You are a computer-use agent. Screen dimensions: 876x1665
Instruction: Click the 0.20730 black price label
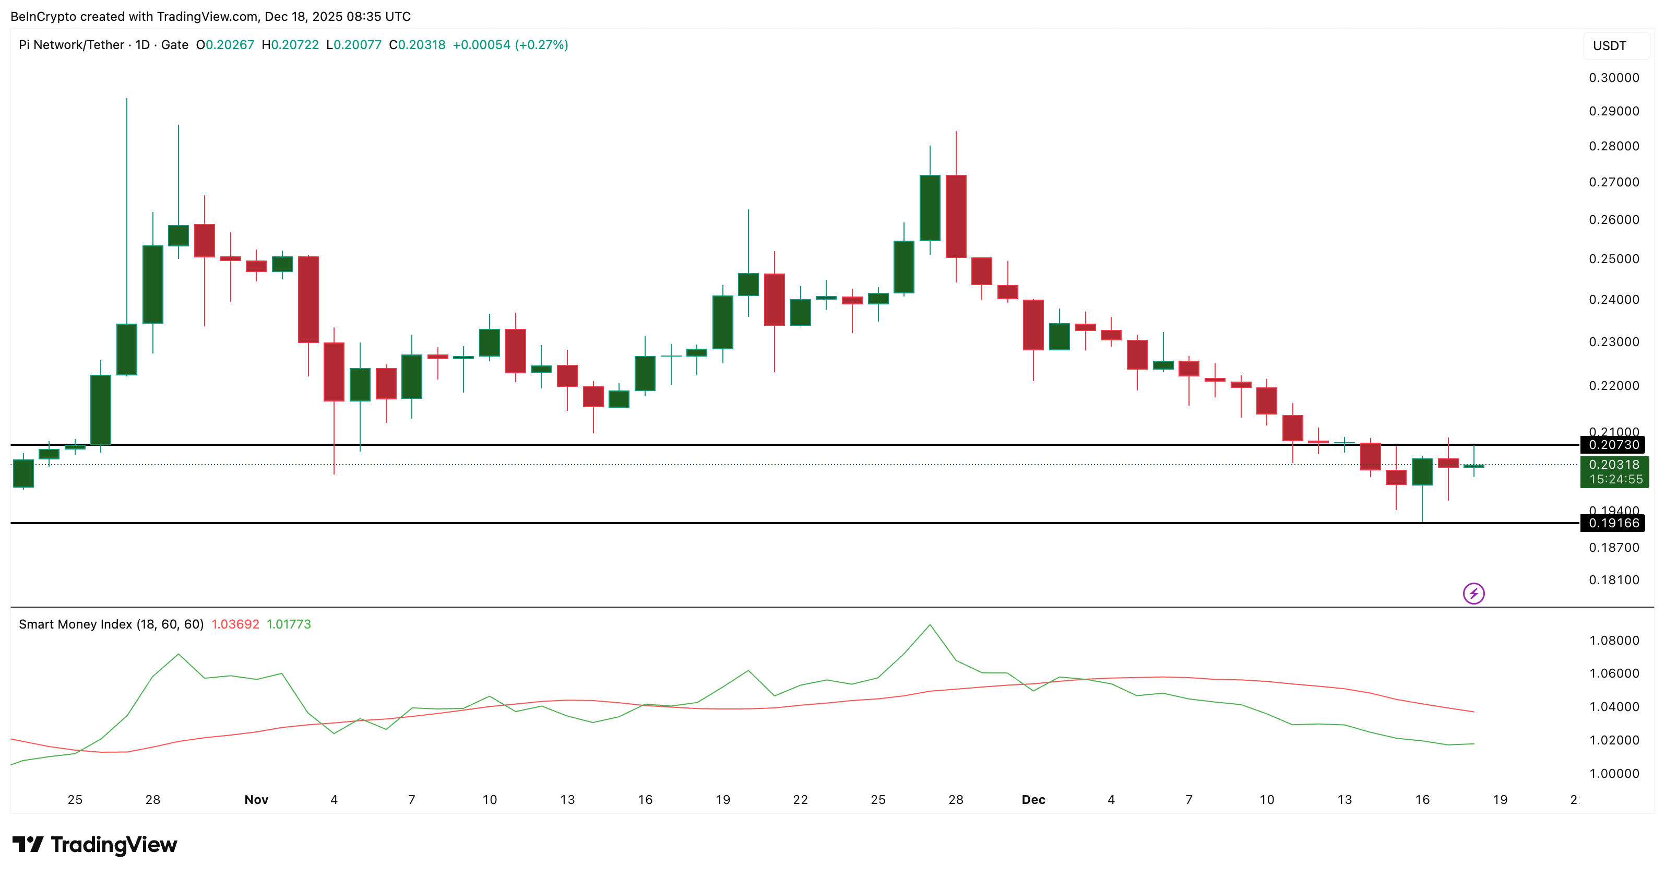tap(1613, 445)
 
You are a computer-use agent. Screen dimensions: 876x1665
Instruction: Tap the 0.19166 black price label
tap(1613, 523)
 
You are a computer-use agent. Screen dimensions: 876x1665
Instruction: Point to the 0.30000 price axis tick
tap(1614, 78)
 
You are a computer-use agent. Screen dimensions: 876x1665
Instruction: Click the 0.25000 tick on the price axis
tap(1614, 258)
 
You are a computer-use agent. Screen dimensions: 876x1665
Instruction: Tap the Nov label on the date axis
tap(256, 800)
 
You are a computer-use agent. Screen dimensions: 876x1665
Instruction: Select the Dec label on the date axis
tap(1033, 800)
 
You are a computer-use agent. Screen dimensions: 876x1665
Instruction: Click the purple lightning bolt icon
tap(1473, 594)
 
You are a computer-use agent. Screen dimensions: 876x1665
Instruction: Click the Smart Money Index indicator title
tap(111, 624)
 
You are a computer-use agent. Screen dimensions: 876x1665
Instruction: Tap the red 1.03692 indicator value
tap(235, 624)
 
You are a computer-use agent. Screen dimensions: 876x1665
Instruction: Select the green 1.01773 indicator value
tap(289, 624)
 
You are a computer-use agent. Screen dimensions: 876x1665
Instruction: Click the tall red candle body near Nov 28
tap(956, 216)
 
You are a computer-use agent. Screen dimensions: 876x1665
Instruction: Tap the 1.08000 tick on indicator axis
tap(1614, 641)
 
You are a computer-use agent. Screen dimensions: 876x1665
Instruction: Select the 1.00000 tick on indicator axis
tap(1614, 774)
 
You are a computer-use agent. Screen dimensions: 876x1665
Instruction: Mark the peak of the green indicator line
tap(930, 624)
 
